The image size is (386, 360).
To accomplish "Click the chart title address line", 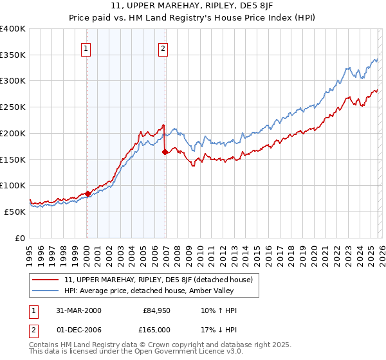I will coord(192,6).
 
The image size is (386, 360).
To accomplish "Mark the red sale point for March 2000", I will coord(87,193).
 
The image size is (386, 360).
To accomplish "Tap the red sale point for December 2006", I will coord(165,152).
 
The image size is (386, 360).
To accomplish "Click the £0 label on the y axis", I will coord(20,238).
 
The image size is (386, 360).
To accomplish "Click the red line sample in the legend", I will coord(46,280).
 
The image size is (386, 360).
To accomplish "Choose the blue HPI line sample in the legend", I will coord(46,291).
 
